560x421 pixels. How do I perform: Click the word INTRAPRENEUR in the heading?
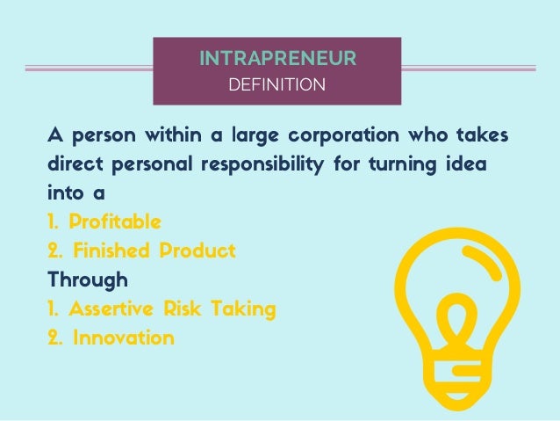(x=276, y=60)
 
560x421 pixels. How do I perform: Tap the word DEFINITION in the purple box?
(x=276, y=85)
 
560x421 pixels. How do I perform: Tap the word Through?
(x=87, y=279)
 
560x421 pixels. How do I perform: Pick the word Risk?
(x=189, y=308)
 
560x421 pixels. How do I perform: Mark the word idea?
(x=468, y=166)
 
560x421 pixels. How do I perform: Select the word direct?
(x=73, y=166)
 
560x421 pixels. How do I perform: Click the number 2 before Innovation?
(x=54, y=338)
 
